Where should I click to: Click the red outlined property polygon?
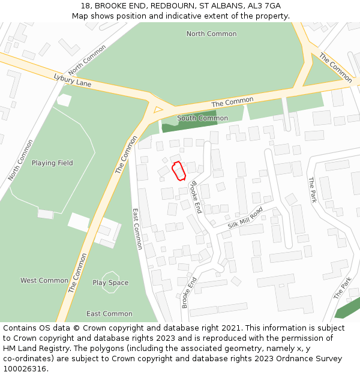click(178, 171)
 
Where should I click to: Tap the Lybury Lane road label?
click(73, 80)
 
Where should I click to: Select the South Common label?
click(202, 118)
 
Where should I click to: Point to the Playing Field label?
click(52, 163)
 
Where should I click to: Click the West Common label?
click(44, 280)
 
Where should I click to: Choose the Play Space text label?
click(110, 283)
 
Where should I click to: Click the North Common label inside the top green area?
click(211, 34)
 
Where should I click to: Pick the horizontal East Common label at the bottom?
click(109, 314)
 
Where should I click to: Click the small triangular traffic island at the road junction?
click(158, 110)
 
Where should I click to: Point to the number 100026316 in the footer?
click(24, 369)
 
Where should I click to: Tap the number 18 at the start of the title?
click(85, 5)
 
